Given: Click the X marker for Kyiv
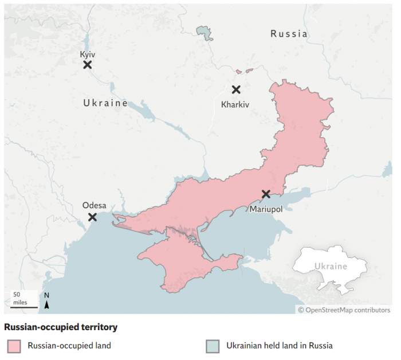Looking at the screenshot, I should coord(88,65).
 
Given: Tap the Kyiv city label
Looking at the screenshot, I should coord(88,54).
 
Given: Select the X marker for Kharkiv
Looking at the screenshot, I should coord(235,89).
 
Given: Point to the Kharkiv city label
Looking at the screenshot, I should coord(235,104).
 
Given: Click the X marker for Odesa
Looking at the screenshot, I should coord(92,217).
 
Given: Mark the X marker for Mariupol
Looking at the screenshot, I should coord(266,194).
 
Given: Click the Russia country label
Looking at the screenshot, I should coord(289,34).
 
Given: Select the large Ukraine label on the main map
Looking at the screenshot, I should coord(105,103).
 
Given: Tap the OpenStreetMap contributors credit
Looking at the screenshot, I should coord(344,310).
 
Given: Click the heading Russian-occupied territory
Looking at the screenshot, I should coord(61,327).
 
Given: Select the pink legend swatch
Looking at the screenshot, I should coord(14,346).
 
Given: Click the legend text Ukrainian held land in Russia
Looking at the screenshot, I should coord(279,346).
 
